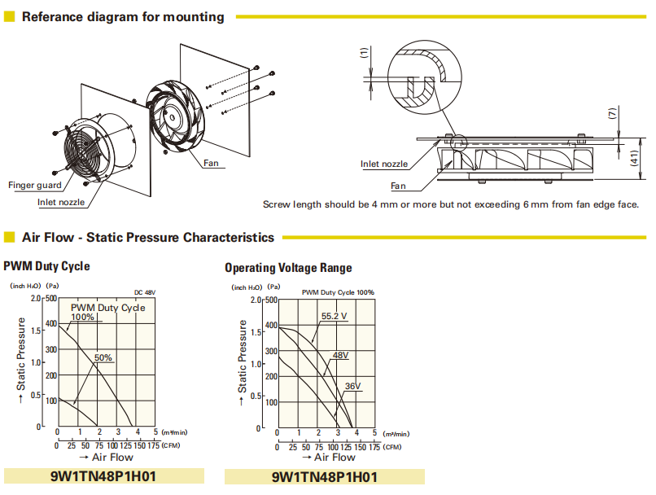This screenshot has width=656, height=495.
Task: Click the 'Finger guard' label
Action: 34,185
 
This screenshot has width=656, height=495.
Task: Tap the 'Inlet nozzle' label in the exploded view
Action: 60,201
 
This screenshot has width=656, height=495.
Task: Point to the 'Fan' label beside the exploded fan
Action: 212,163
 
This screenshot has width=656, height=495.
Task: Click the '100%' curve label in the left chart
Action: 82,317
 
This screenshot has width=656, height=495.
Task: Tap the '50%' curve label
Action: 103,357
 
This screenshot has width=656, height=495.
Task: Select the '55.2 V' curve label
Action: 334,316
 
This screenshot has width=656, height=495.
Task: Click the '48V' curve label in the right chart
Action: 340,355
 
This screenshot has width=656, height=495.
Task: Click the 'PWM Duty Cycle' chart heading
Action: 46,266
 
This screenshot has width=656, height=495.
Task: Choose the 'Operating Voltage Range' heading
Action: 288,268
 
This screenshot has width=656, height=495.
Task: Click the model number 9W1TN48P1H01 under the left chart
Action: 103,476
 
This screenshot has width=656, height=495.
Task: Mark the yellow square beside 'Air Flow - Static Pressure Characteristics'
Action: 10,238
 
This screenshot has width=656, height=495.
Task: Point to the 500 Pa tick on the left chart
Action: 51,298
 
